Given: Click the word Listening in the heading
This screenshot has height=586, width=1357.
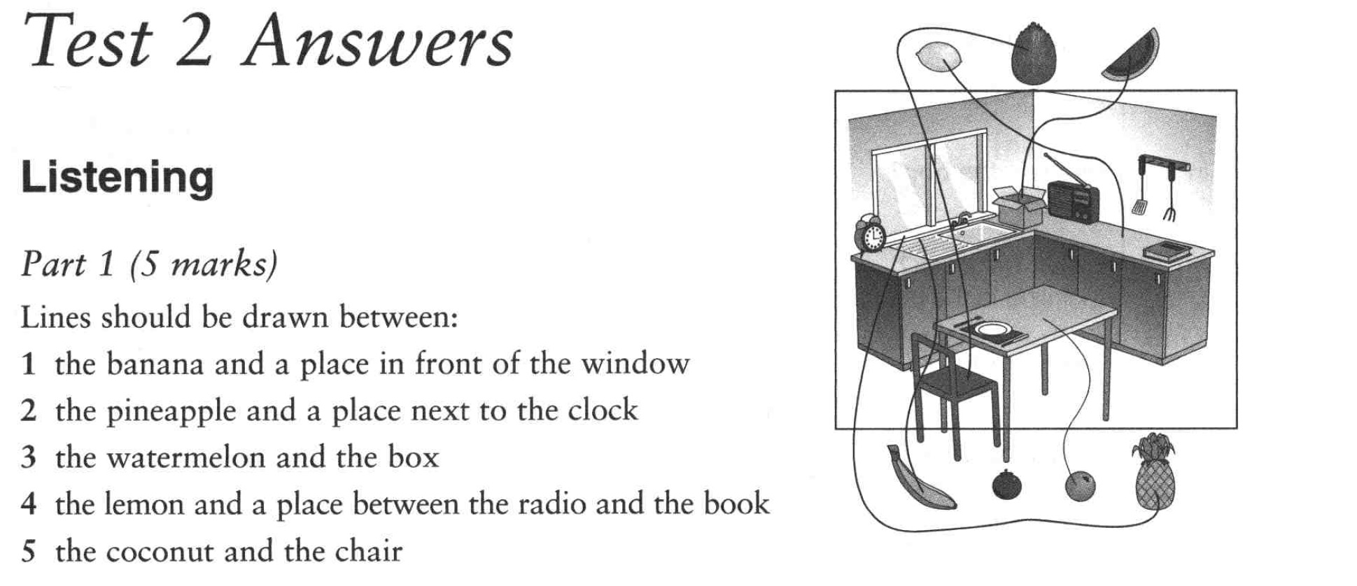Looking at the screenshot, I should tap(118, 178).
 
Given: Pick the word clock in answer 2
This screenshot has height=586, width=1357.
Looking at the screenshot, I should tap(603, 410).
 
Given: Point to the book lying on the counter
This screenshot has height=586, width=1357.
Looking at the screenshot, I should tap(1167, 250).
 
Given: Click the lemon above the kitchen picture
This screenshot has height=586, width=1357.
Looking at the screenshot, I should tap(936, 57).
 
